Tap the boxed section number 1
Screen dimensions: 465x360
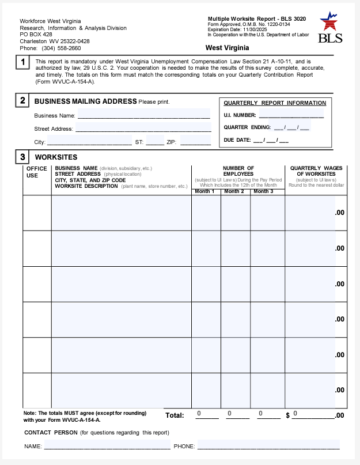(x=22, y=62)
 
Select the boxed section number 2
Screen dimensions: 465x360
(x=22, y=101)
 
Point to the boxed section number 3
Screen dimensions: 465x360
(x=22, y=157)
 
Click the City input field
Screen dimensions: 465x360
(x=89, y=141)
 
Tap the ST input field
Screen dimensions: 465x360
(x=155, y=141)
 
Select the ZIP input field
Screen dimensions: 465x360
(x=195, y=141)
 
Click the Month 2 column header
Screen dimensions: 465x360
(x=234, y=191)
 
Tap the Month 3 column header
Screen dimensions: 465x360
(x=264, y=191)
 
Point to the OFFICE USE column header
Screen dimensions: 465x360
(x=37, y=172)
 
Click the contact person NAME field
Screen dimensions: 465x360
(x=107, y=445)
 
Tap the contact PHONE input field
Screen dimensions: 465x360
(x=268, y=445)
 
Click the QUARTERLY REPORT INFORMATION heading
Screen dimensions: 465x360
(x=275, y=103)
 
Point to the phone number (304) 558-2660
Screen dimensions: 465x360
(x=61, y=48)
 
